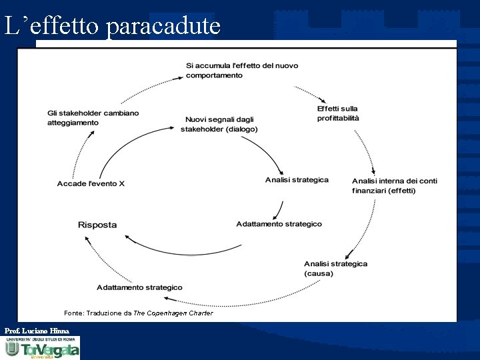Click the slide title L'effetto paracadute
[x=112, y=26]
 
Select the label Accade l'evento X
[x=91, y=183]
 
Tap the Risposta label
[x=97, y=225]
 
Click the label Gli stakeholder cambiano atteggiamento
[x=93, y=118]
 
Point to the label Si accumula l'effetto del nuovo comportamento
[x=241, y=71]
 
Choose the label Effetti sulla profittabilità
[x=338, y=113]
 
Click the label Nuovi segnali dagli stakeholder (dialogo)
[x=219, y=125]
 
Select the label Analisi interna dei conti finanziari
[x=394, y=185]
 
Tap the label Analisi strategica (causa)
[x=335, y=269]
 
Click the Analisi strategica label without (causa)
[x=297, y=180]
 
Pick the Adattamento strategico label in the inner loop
[x=279, y=224]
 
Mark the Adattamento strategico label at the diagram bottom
[x=139, y=287]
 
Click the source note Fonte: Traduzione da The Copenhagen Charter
[x=139, y=313]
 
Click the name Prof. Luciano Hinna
[x=37, y=331]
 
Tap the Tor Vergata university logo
[x=41, y=347]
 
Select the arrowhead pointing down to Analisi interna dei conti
[x=374, y=171]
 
